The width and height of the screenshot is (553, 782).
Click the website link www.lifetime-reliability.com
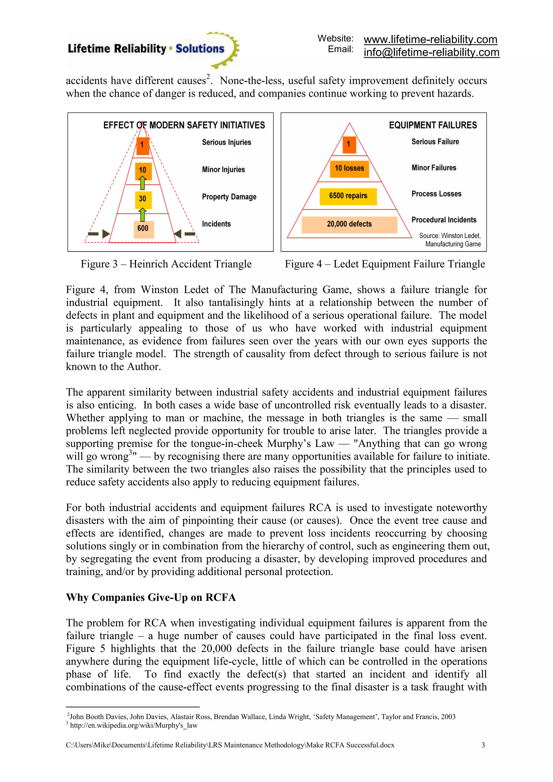click(430, 39)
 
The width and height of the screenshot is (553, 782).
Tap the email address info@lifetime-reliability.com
click(431, 52)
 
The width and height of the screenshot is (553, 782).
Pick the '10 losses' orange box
click(349, 168)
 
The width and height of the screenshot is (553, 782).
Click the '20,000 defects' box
click(349, 224)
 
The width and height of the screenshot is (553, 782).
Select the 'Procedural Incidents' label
click(444, 220)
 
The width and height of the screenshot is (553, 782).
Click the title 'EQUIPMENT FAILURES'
click(433, 125)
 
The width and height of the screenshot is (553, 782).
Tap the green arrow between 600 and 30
click(143, 215)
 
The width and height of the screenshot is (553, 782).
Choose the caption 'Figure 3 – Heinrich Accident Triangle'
click(166, 264)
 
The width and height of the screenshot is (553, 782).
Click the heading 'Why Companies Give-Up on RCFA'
click(151, 597)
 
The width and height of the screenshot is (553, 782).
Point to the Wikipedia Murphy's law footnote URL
click(133, 725)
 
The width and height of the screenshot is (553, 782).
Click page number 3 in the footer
click(483, 745)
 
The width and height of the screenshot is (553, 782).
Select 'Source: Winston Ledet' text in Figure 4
click(450, 236)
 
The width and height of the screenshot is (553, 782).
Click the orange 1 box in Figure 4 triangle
click(348, 144)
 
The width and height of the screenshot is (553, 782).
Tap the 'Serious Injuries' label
click(227, 142)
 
